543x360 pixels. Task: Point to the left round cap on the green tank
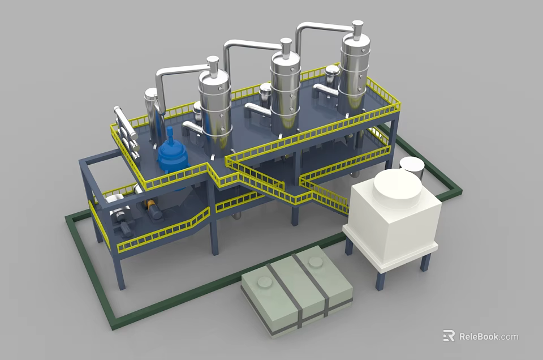tap(264, 282)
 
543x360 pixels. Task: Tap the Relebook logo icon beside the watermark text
tap(449, 336)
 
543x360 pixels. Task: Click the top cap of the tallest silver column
tap(357, 27)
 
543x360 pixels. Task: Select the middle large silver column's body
tap(285, 96)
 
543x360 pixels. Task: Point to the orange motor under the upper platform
tap(152, 206)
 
